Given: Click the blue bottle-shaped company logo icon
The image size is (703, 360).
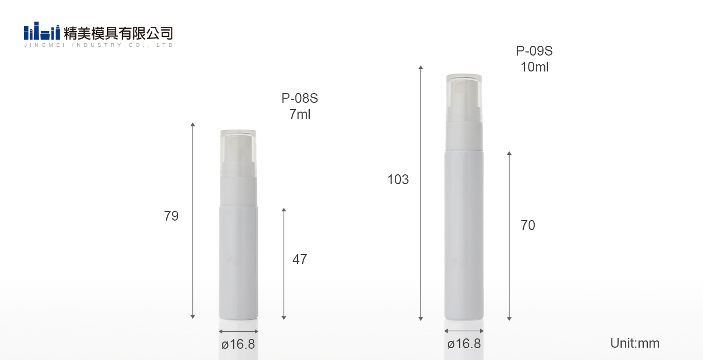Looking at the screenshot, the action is [42, 31].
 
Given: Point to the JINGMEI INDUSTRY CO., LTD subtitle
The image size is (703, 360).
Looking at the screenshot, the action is [98, 45].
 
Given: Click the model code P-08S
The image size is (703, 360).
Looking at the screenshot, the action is [300, 98].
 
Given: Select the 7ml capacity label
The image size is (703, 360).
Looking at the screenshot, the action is [300, 115].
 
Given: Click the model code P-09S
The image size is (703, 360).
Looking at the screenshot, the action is [534, 51].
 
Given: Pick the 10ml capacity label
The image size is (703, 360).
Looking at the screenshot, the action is [535, 67].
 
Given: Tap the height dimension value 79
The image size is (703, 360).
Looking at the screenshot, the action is [171, 216].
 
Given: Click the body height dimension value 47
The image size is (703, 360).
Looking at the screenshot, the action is [300, 259].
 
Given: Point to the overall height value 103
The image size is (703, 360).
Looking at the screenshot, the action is [398, 179].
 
